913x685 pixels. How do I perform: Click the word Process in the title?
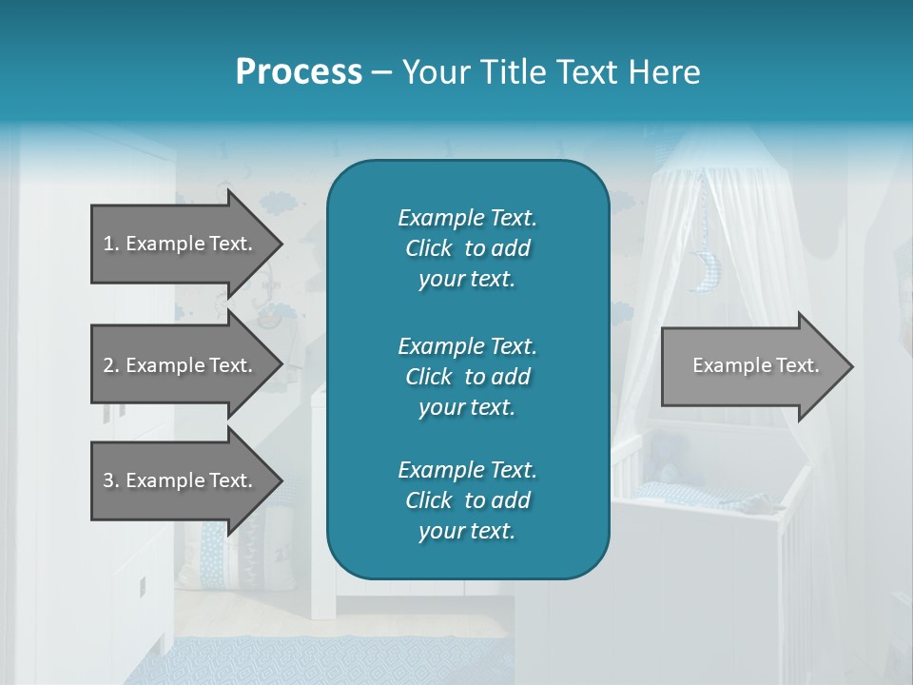(x=299, y=71)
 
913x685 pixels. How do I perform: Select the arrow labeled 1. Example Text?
(x=181, y=244)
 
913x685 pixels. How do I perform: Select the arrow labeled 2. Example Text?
(x=181, y=365)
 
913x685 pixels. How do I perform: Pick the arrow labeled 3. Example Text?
(x=181, y=480)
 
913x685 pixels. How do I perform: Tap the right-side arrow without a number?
(x=751, y=366)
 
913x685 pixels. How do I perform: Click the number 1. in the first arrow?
(x=110, y=244)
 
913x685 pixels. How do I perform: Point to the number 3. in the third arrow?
(x=110, y=480)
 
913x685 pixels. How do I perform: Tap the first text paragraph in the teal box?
(x=467, y=248)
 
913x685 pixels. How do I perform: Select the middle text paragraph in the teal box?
(x=467, y=376)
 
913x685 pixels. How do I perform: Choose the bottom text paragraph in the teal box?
(x=467, y=500)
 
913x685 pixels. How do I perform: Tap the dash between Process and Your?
(x=382, y=73)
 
